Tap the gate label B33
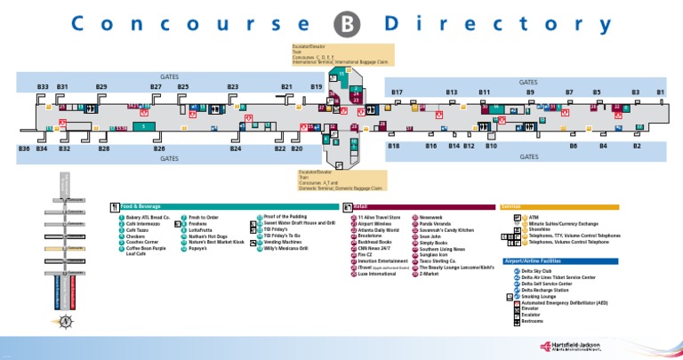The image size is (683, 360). (x=43, y=87)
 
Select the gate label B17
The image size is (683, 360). (x=397, y=92)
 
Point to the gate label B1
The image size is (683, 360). (x=660, y=92)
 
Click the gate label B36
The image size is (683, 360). (x=24, y=148)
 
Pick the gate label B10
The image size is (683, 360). (x=491, y=145)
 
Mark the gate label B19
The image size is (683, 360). (x=317, y=87)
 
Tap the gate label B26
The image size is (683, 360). (x=159, y=148)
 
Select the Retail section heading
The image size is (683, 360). (x=360, y=207)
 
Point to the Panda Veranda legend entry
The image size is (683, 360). (x=434, y=222)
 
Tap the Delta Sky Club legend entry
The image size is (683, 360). (x=539, y=270)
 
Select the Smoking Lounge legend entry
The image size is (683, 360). (x=542, y=295)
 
